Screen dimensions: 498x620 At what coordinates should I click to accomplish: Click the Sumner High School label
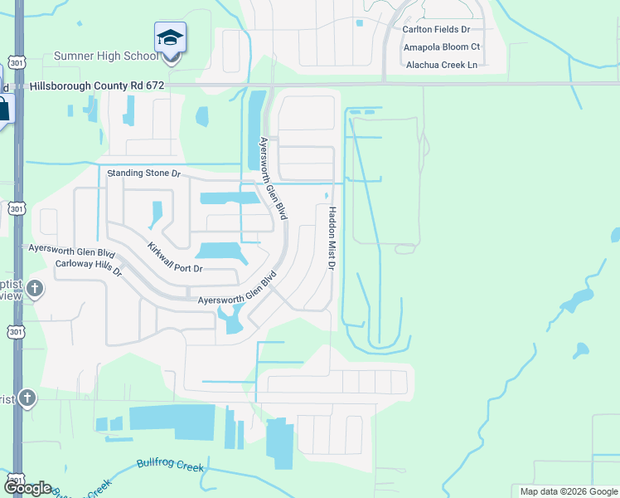[x=105, y=56]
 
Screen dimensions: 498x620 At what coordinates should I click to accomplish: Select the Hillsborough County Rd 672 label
[x=97, y=85]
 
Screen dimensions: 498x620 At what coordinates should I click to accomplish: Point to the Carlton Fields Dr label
[x=436, y=29]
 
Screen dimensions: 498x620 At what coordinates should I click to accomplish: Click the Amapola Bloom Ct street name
[x=442, y=46]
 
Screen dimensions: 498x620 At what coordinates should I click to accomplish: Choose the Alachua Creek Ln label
[x=440, y=65]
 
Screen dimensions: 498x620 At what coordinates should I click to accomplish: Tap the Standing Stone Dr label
[x=144, y=173]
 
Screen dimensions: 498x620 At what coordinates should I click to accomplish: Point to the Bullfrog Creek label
[x=170, y=466]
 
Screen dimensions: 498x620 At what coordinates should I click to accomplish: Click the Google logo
[x=27, y=488]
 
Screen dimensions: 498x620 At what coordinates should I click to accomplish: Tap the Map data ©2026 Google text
[x=569, y=491]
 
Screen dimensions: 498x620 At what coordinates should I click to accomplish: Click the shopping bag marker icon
[x=3, y=108]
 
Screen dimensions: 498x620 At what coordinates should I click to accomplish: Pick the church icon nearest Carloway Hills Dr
[x=34, y=289]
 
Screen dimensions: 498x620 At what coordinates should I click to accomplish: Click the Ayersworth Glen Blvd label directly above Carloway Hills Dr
[x=70, y=248]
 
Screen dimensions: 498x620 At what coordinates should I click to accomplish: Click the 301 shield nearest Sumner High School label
[x=17, y=62]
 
